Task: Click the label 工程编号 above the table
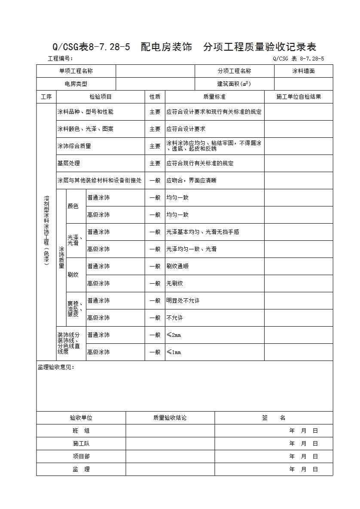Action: [x=60, y=59]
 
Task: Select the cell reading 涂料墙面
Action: [x=303, y=71]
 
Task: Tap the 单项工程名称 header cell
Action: [x=76, y=71]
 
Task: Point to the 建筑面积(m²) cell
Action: [x=234, y=84]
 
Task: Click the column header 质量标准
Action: [x=214, y=97]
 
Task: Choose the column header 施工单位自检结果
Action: [x=299, y=97]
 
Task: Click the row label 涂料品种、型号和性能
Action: [x=85, y=112]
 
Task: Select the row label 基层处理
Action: [x=69, y=164]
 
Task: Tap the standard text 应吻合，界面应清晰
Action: [x=192, y=181]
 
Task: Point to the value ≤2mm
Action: [x=174, y=335]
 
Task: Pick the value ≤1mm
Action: [x=174, y=352]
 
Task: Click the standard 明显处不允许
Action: [x=183, y=301]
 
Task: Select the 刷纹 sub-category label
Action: [x=73, y=275]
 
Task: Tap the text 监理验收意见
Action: [x=56, y=367]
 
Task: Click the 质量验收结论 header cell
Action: [x=170, y=418]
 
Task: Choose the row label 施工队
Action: [x=81, y=444]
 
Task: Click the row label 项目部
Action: [x=81, y=457]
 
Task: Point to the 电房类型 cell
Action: [x=76, y=84]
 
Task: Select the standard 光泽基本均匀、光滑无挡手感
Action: [x=203, y=232]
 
